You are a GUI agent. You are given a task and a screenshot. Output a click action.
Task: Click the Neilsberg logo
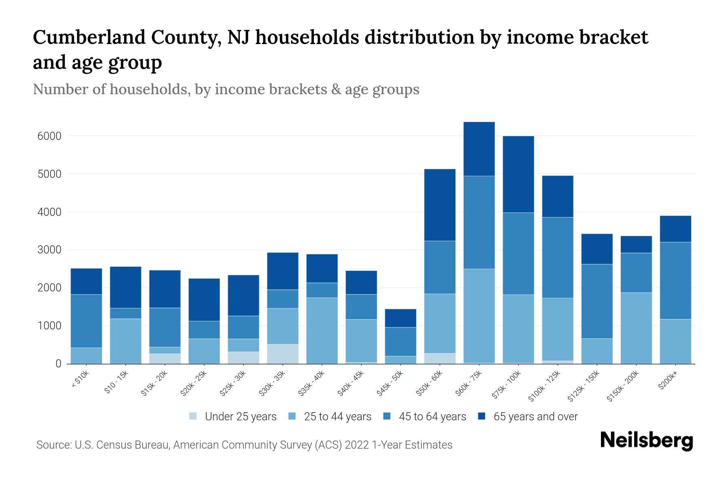pyautogui.click(x=646, y=441)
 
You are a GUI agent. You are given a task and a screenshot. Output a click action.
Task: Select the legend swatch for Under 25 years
pyautogui.click(x=193, y=416)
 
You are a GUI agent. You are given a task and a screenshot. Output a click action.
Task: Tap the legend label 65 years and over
pyautogui.click(x=535, y=417)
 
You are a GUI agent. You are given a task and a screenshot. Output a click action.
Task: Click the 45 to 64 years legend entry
pyautogui.click(x=432, y=417)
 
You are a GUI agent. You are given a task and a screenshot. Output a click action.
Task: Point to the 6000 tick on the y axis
pyautogui.click(x=50, y=136)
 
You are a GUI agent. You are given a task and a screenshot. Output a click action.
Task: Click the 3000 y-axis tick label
pyautogui.click(x=50, y=250)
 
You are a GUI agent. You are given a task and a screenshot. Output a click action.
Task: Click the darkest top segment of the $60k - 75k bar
pyautogui.click(x=479, y=149)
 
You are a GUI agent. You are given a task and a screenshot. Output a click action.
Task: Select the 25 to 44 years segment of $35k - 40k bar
pyautogui.click(x=322, y=331)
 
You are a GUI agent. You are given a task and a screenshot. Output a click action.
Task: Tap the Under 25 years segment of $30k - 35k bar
pyautogui.click(x=283, y=354)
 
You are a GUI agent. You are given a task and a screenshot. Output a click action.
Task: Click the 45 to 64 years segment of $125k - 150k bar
pyautogui.click(x=597, y=301)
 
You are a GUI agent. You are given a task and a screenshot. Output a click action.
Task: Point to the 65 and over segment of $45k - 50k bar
pyautogui.click(x=400, y=318)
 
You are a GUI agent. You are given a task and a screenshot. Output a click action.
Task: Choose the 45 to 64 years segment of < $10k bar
pyautogui.click(x=86, y=321)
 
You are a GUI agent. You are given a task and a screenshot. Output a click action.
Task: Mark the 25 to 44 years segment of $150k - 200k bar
pyautogui.click(x=636, y=328)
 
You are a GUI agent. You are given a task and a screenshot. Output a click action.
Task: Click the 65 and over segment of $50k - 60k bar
pyautogui.click(x=440, y=205)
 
